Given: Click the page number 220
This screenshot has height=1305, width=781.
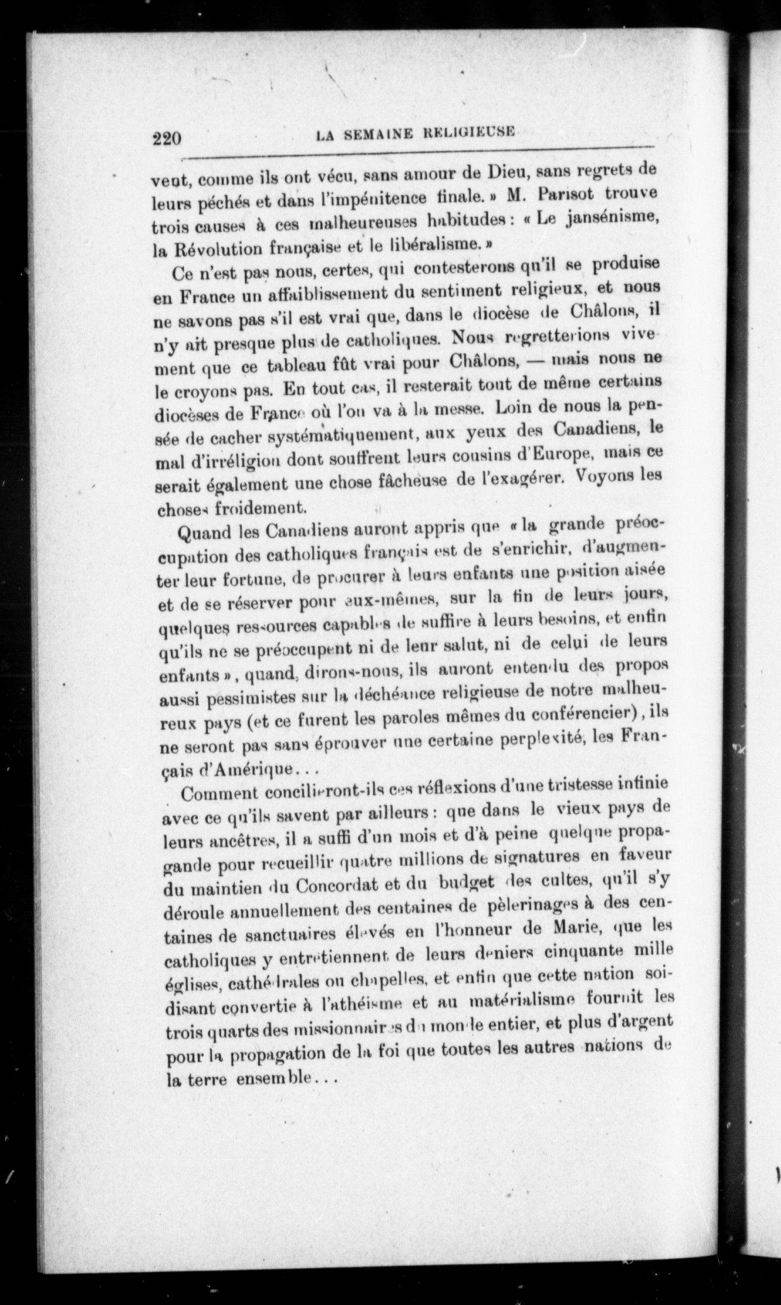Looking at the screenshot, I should [167, 138].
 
